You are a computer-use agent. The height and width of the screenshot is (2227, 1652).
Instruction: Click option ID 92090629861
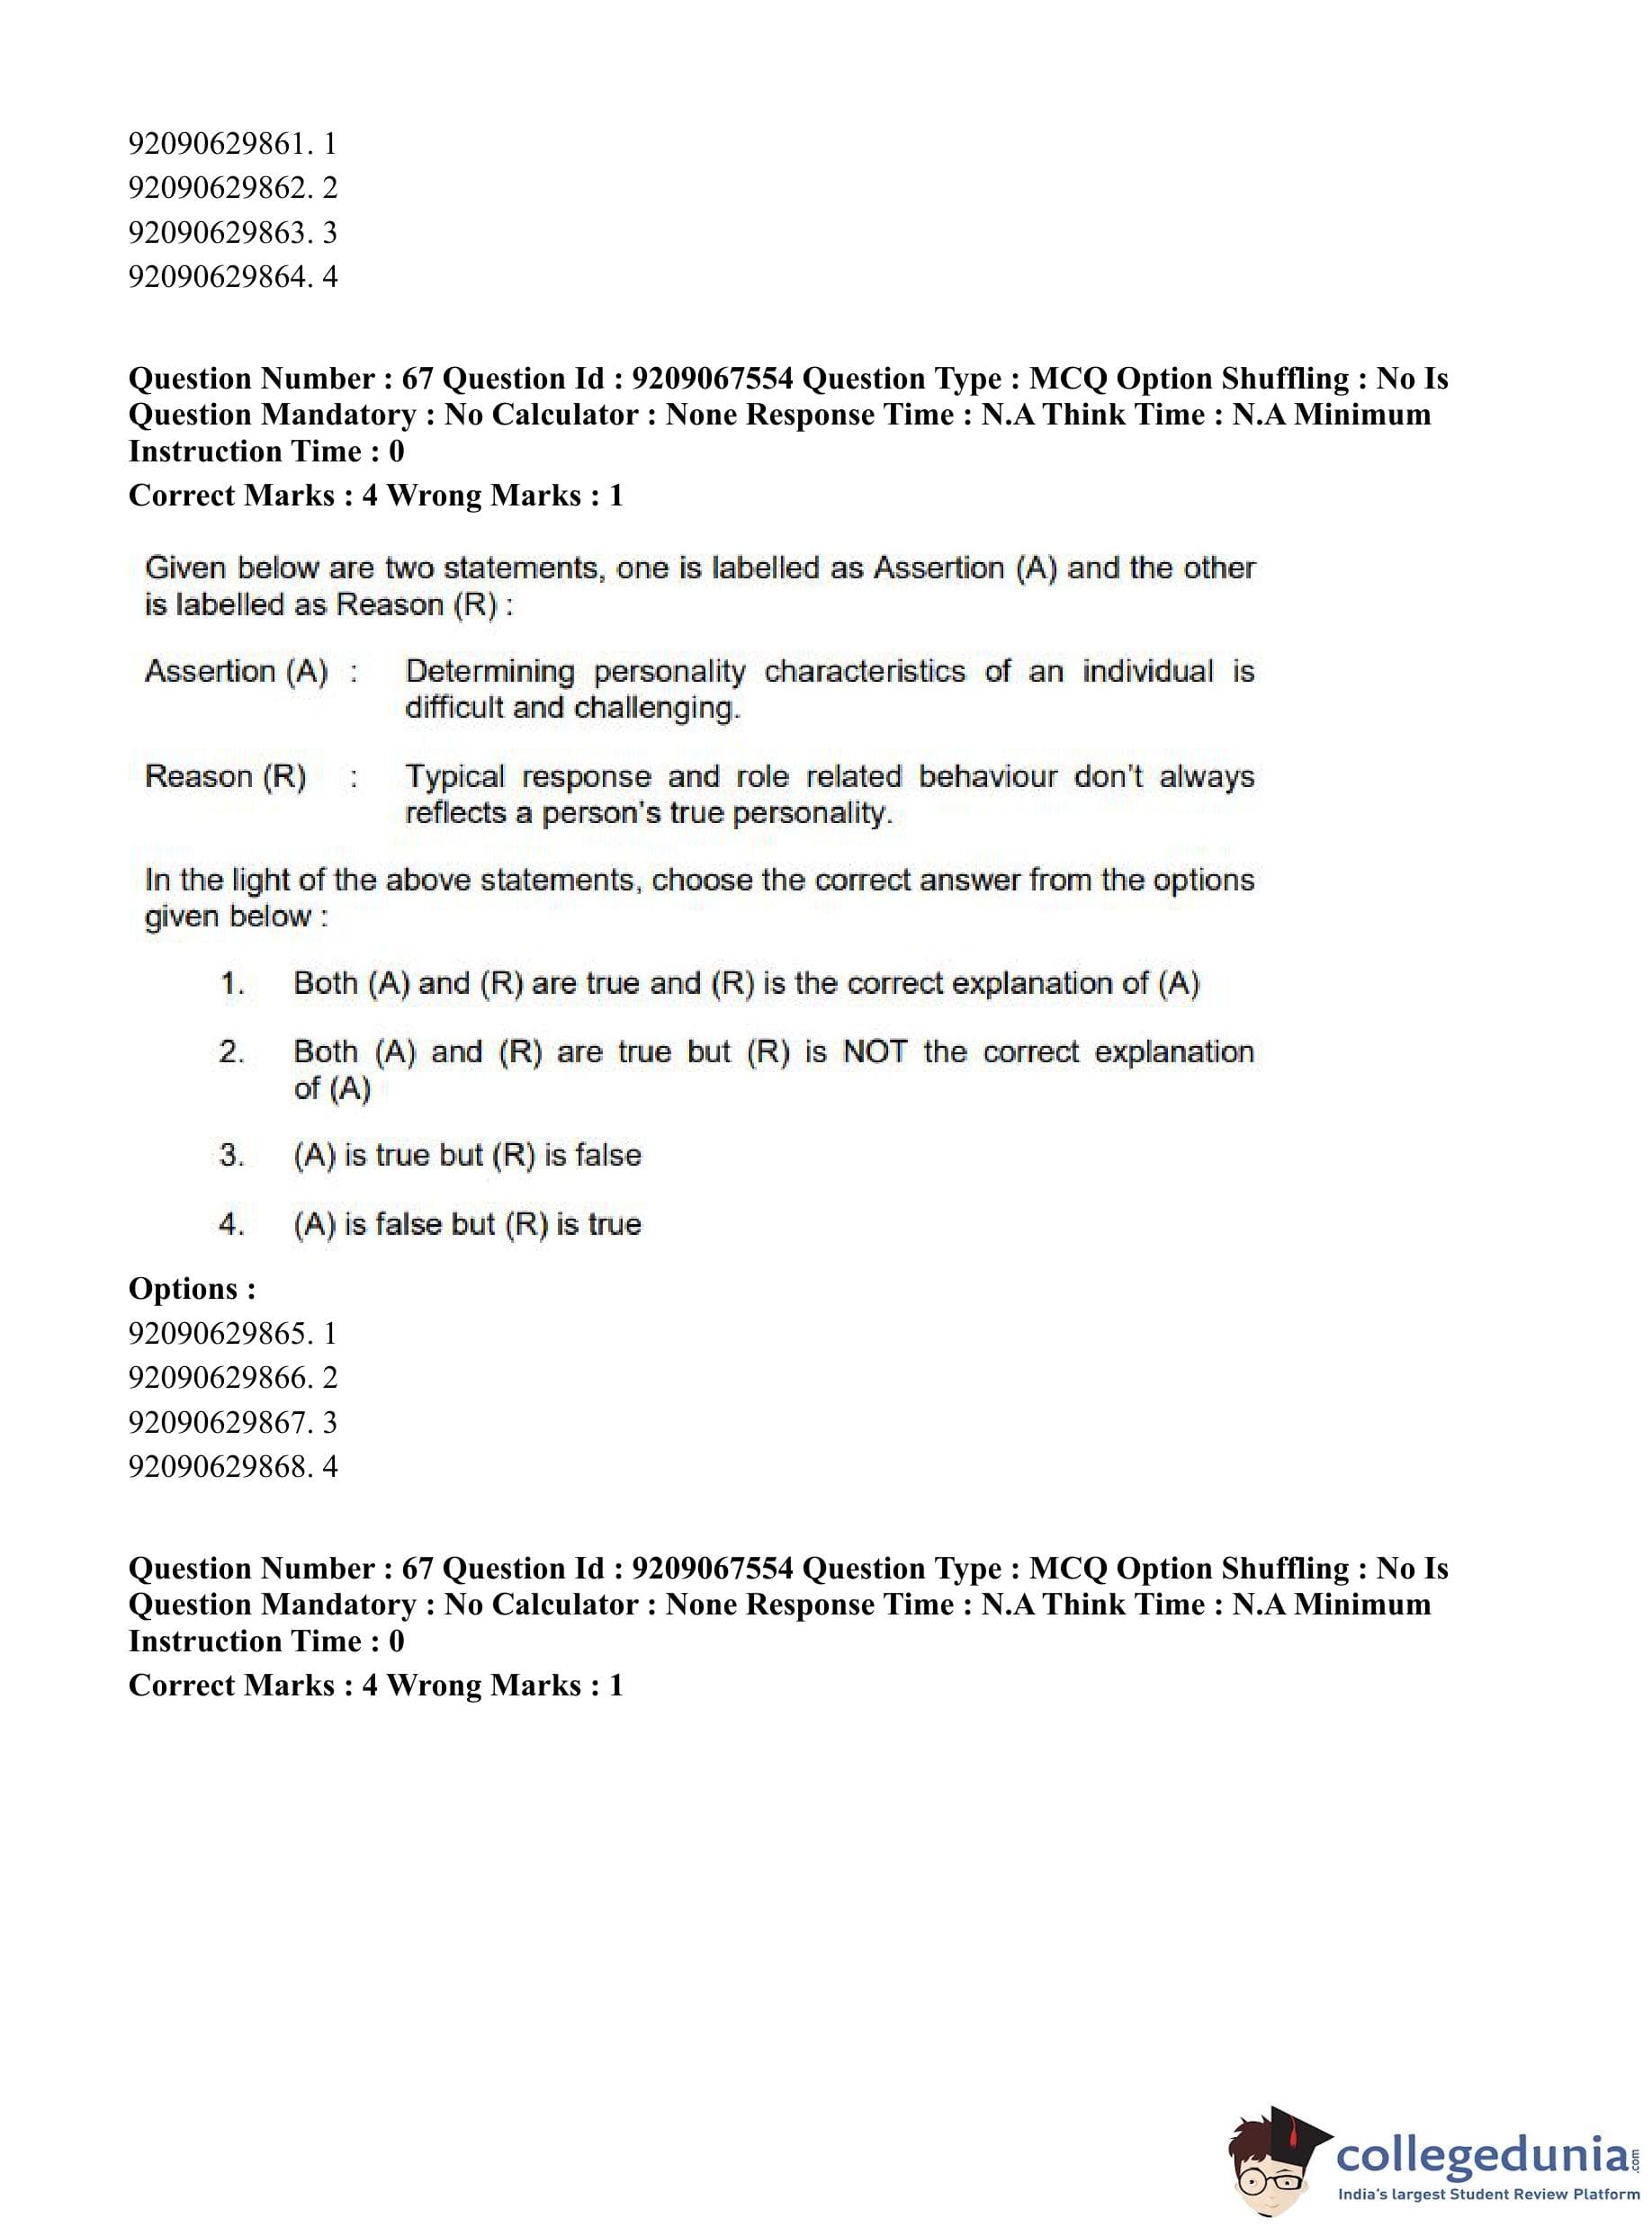(232, 144)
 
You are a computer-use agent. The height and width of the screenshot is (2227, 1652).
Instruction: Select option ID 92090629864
(232, 276)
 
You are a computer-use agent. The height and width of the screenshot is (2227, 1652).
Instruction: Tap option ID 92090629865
(232, 1333)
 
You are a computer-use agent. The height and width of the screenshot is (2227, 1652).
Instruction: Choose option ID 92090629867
(232, 1422)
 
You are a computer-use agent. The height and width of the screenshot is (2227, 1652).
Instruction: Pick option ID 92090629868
(232, 1466)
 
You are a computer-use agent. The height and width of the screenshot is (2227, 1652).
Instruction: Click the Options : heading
(192, 1290)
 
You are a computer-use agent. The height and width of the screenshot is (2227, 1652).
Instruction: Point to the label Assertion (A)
(236, 671)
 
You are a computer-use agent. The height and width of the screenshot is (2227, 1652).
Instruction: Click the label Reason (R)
(225, 775)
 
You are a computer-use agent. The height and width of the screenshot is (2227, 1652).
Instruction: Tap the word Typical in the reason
(454, 775)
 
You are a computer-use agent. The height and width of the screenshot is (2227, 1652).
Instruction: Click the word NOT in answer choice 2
(874, 1051)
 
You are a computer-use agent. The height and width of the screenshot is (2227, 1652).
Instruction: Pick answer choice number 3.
(232, 1156)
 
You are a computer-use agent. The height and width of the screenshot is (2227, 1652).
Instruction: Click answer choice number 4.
(232, 1224)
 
